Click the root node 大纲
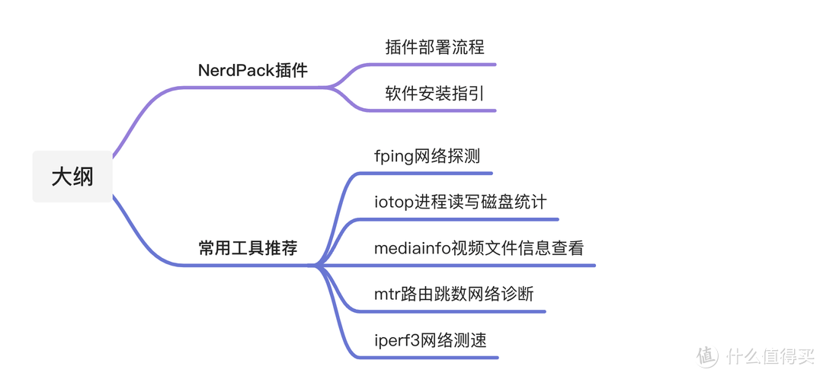tap(72, 177)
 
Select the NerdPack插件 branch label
tap(252, 71)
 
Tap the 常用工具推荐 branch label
tap(248, 248)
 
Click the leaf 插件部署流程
tap(434, 47)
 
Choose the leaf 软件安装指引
tap(434, 94)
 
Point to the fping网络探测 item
tap(427, 157)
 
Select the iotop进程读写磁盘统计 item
tap(460, 202)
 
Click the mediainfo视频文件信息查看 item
tap(479, 248)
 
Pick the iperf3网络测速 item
tap(430, 340)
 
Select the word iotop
tap(394, 202)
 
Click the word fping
tap(394, 158)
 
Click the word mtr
tap(386, 295)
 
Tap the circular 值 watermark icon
tap(707, 355)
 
